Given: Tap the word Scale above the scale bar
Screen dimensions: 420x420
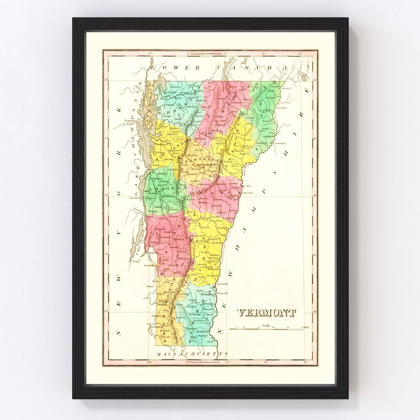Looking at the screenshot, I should tap(267, 325).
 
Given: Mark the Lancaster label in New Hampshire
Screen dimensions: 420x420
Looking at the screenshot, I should tap(280, 143).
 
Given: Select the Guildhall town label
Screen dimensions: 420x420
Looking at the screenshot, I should tap(268, 136).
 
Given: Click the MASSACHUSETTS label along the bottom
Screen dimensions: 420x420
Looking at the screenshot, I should tap(192, 354).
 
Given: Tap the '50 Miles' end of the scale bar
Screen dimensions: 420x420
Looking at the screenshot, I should tap(305, 327).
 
